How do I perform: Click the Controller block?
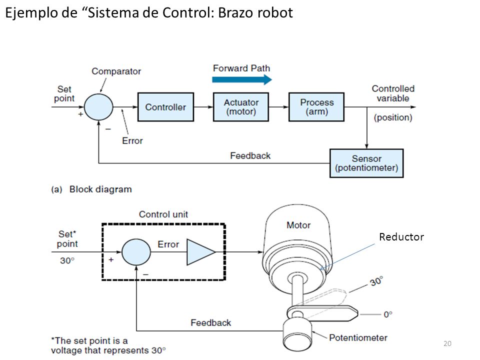[x=165, y=107]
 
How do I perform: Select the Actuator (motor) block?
[x=241, y=107]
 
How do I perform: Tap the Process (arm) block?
[x=316, y=107]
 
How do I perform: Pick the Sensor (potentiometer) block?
[x=366, y=163]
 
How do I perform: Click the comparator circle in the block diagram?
[x=98, y=107]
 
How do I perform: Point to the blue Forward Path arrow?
[x=242, y=79]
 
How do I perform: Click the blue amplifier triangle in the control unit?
[x=201, y=252]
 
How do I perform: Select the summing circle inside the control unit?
[x=136, y=252]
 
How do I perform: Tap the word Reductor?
[x=401, y=236]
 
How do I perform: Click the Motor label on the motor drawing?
[x=298, y=225]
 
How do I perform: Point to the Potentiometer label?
[x=358, y=337]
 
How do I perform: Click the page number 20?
[x=447, y=343]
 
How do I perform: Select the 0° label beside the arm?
[x=388, y=314]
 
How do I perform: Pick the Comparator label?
[x=116, y=71]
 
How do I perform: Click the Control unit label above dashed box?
[x=163, y=214]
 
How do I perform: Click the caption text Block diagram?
[x=100, y=189]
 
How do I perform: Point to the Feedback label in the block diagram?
[x=250, y=156]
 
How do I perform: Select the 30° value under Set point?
[x=67, y=260]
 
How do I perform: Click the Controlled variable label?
[x=393, y=93]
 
